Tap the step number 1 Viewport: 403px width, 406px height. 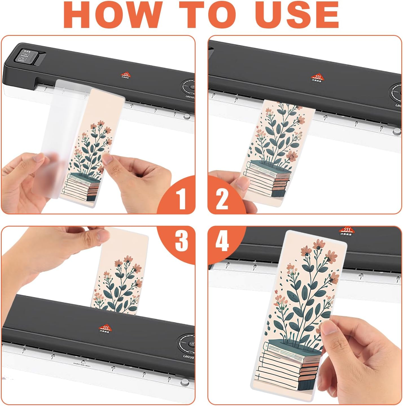pyautogui.click(x=180, y=199)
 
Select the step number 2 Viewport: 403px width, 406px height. pyautogui.click(x=222, y=199)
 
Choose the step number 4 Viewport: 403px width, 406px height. pyautogui.click(x=222, y=241)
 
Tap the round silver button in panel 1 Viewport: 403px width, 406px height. pyautogui.click(x=186, y=116)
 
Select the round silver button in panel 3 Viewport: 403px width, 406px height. pyautogui.click(x=185, y=382)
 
